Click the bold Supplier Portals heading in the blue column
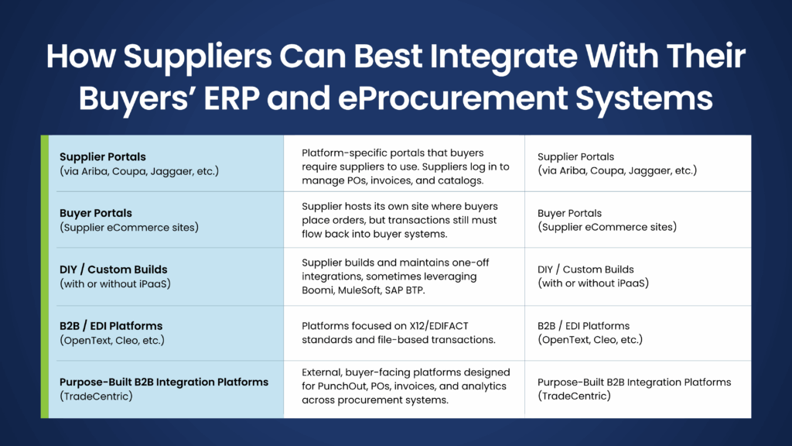click(103, 156)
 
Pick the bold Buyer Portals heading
click(96, 213)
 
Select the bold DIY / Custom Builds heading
click(114, 269)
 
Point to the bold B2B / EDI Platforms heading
click(111, 326)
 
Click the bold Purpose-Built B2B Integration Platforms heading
click(164, 382)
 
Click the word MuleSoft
click(367, 290)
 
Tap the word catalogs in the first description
click(461, 180)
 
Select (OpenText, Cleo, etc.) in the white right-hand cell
click(590, 339)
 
